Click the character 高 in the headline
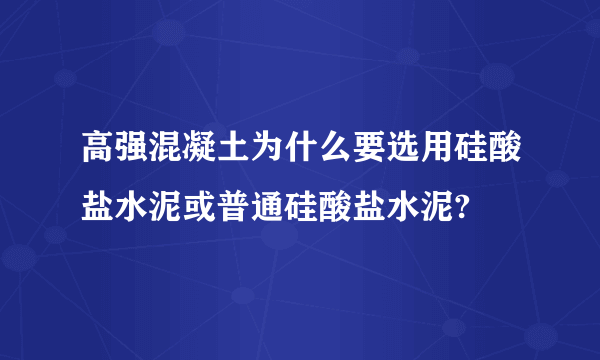[98, 146]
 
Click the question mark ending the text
[462, 208]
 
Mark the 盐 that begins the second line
[98, 206]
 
